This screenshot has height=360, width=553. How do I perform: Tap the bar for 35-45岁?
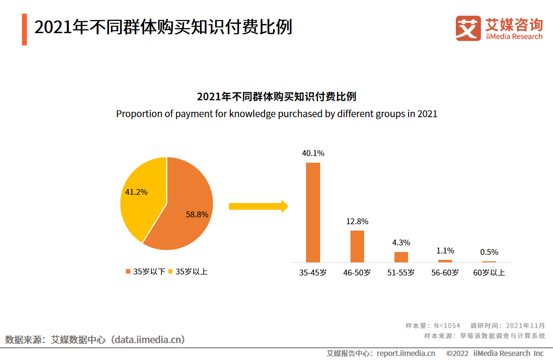pyautogui.click(x=313, y=212)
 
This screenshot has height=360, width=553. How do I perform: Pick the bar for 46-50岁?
pyautogui.click(x=357, y=246)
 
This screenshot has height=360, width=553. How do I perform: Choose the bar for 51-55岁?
pyautogui.click(x=401, y=257)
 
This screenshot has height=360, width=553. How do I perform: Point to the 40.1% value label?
pyautogui.click(x=313, y=153)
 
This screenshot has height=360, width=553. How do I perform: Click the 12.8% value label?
pyautogui.click(x=357, y=221)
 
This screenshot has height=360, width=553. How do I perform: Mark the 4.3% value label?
pyautogui.click(x=401, y=242)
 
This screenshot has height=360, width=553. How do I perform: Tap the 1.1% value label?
pyautogui.click(x=445, y=251)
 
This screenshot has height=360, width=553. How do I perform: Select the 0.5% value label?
pyautogui.click(x=489, y=252)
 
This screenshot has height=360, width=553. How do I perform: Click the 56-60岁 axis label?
pyautogui.click(x=445, y=273)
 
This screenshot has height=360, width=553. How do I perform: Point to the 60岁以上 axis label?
pyautogui.click(x=489, y=273)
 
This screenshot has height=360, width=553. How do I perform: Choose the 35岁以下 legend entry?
pyautogui.click(x=145, y=271)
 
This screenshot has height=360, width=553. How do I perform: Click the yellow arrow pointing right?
pyautogui.click(x=258, y=206)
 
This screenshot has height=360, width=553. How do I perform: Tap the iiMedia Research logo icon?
pyautogui.click(x=468, y=28)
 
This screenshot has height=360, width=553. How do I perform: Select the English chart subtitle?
pyautogui.click(x=277, y=114)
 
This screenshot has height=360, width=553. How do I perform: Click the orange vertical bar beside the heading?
pyautogui.click(x=24, y=29)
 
